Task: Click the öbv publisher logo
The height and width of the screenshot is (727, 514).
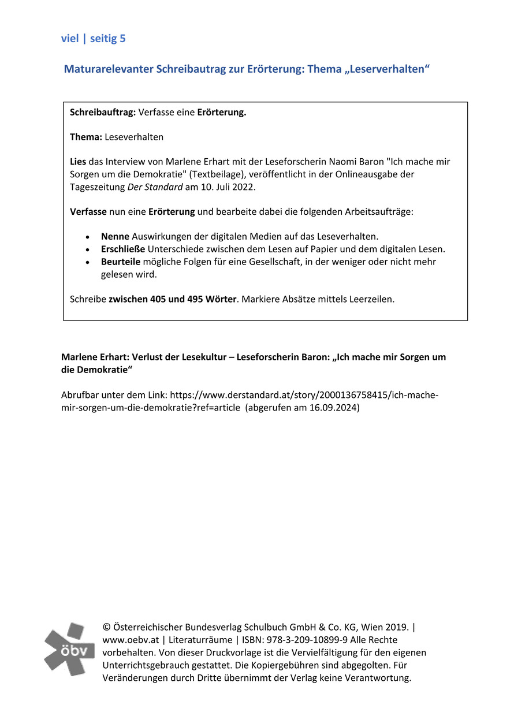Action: pos(69,649)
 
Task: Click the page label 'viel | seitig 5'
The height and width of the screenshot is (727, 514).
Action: pos(93,39)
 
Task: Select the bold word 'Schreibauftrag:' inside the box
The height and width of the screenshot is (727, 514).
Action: pos(102,112)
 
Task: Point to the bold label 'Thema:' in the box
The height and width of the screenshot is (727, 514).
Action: pos(85,137)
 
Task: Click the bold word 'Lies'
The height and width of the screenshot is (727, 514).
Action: pos(78,162)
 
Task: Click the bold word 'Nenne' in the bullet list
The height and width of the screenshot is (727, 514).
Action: pos(115,236)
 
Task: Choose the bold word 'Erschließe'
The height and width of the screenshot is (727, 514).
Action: pos(123,249)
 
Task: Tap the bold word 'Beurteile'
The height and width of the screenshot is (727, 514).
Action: pos(120,262)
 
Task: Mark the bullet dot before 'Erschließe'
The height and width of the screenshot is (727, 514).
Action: pos(87,249)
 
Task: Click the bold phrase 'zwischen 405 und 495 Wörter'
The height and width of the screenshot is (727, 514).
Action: pos(173,299)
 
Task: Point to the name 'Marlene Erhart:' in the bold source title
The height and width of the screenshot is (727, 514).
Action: pos(95,357)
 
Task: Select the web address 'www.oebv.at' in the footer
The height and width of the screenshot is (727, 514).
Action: pos(131,640)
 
